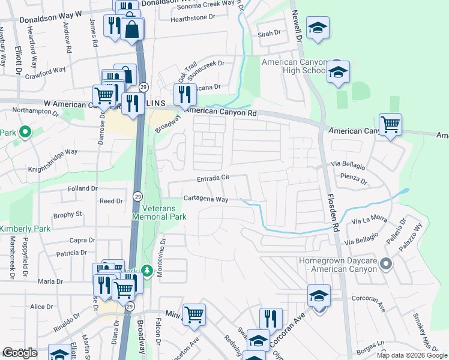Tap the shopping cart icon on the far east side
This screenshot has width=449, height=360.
pos(391,125)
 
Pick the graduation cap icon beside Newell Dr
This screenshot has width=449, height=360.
pos(318,28)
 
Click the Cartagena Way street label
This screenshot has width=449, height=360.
pos(205,199)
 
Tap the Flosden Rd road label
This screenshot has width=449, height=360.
pos(334,212)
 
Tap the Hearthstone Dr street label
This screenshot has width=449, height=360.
pos(193,18)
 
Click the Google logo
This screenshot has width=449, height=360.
pos(20,353)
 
